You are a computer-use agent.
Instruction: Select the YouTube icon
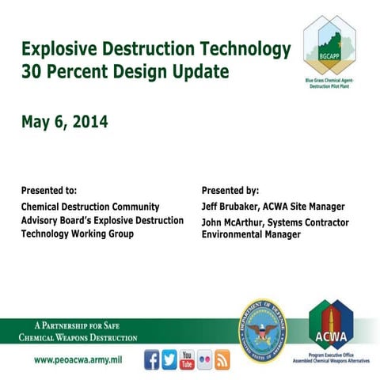coord(188,359)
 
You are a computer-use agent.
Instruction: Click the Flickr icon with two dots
coord(205,359)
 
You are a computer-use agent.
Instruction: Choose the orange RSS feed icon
coord(222,359)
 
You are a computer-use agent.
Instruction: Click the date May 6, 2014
coord(65,123)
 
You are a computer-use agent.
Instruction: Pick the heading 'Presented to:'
coord(49,191)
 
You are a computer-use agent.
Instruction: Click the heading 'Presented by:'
coord(230,191)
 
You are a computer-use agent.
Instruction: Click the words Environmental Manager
coord(251,234)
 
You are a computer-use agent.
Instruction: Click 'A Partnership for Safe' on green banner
coord(77,325)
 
